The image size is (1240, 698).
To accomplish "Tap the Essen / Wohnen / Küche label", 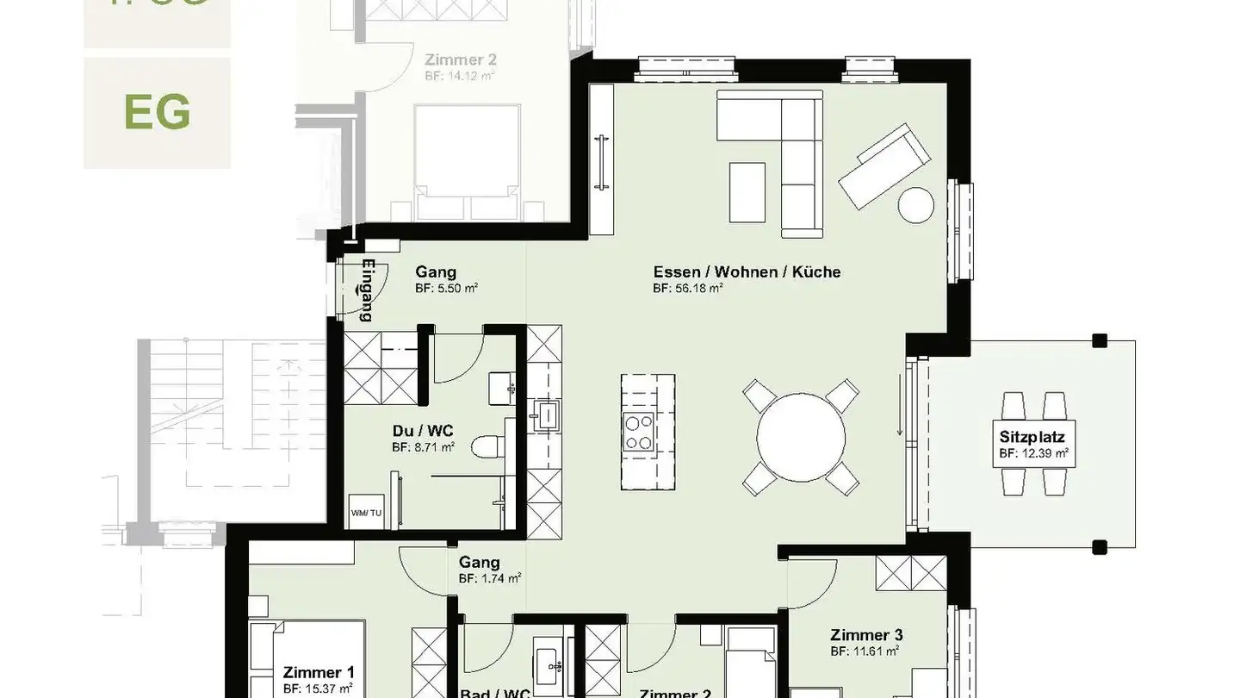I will pos(747,272).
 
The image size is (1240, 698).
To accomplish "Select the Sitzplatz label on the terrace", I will pos(1032,438).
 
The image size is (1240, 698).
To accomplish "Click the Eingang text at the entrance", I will pos(368,290).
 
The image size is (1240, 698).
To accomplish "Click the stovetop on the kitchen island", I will pos(637,432).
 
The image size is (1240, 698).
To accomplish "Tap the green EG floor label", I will pos(157,112).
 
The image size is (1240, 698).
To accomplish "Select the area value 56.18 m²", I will pos(687,289).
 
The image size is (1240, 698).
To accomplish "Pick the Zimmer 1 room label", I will pos(318,672).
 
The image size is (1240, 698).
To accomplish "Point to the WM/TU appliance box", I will pos(366,513).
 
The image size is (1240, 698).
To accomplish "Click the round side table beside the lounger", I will pos(915,204).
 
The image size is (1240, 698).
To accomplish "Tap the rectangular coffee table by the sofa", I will pos(747,192).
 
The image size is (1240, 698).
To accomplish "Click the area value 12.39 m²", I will pos(1033,452).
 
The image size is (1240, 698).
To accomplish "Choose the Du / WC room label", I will pos(423,431).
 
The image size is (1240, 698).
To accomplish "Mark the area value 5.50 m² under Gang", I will pos(446,289).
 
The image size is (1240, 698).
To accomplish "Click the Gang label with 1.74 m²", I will pos(479,563).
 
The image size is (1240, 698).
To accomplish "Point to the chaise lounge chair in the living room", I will pos(885,165).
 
